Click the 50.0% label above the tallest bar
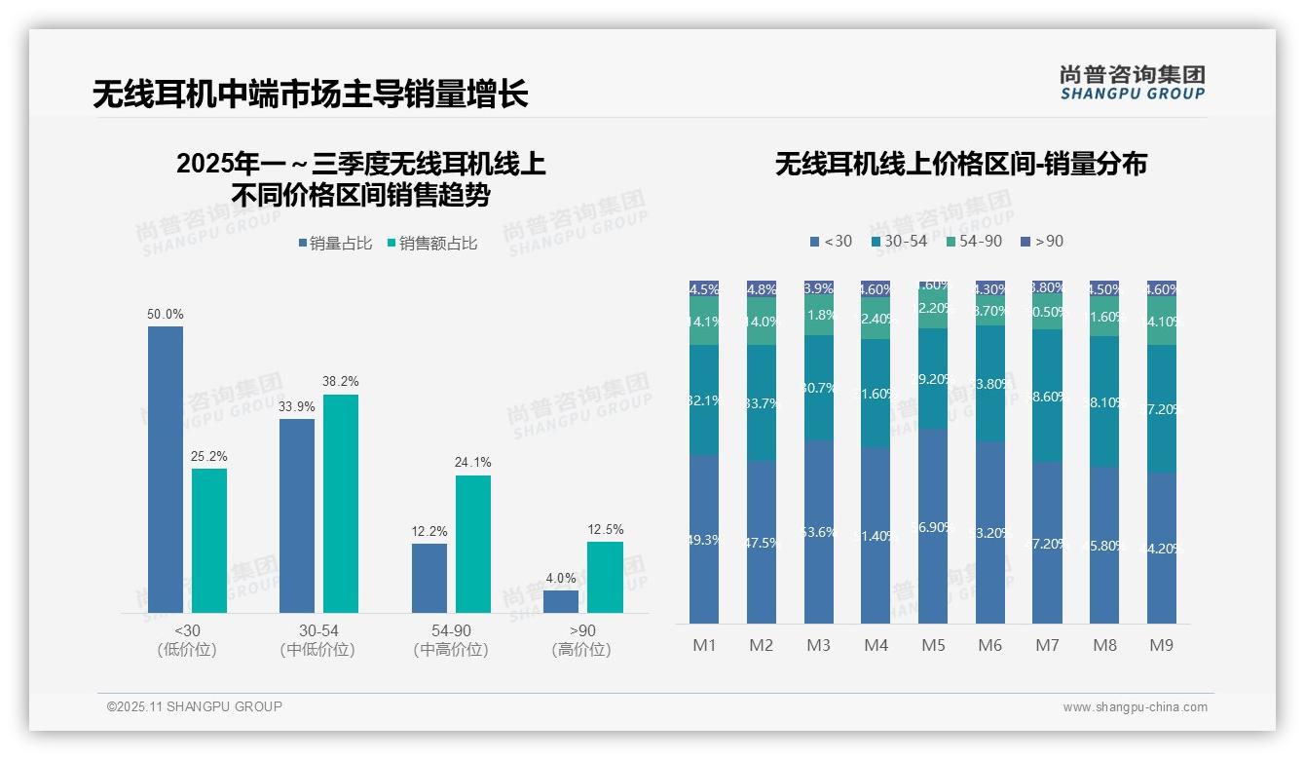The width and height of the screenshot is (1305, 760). [x=165, y=315]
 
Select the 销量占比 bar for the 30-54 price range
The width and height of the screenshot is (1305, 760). [x=297, y=515]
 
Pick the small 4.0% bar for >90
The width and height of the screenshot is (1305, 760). [x=561, y=601]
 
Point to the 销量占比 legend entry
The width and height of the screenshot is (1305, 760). [x=336, y=244]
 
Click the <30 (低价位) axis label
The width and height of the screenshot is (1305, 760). [x=186, y=640]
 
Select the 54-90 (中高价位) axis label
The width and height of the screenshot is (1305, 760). [x=450, y=640]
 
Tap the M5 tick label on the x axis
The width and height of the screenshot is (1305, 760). [x=933, y=645]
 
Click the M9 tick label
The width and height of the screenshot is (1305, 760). [x=1162, y=645]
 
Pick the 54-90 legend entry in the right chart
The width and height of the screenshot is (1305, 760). [x=974, y=241]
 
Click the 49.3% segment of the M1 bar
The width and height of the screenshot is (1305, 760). [x=704, y=540]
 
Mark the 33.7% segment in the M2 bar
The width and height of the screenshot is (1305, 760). [x=762, y=403]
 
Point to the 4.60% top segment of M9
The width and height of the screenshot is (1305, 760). [x=1162, y=289]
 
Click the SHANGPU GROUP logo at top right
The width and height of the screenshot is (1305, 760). [x=1133, y=83]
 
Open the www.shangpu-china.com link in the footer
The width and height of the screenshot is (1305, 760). [x=1135, y=707]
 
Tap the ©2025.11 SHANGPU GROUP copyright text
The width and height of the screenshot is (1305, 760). [x=195, y=706]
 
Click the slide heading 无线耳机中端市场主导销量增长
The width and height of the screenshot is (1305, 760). [x=311, y=95]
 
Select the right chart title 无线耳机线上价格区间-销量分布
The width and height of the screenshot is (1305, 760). [x=960, y=165]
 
